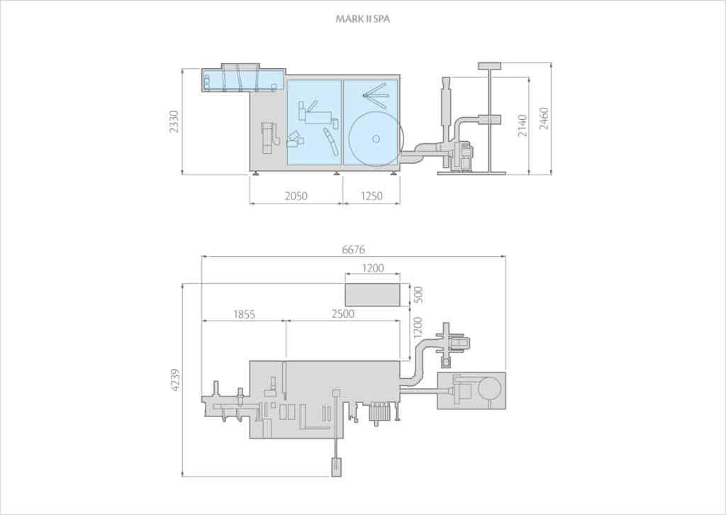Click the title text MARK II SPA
(362, 19)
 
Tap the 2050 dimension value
(296, 196)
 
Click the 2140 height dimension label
(523, 125)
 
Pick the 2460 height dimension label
(544, 118)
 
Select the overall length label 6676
(353, 249)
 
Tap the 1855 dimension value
(243, 314)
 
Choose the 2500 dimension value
(342, 314)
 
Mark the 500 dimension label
(418, 294)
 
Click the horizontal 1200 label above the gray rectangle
(372, 268)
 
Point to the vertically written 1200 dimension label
(418, 327)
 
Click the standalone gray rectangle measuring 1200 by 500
(372, 294)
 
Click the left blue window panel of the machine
(314, 122)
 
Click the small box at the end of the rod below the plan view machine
(336, 466)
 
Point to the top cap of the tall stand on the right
(489, 66)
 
